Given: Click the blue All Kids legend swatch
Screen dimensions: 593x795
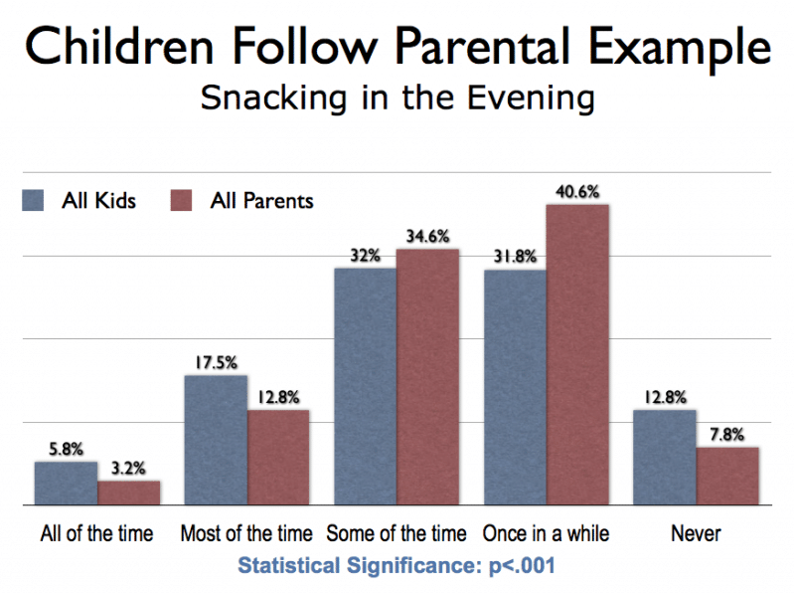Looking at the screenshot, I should click(33, 200).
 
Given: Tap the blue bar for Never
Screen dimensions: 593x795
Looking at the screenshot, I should click(665, 458).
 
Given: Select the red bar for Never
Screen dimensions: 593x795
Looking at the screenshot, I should click(727, 477).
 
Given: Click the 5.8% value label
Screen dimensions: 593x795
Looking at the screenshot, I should click(66, 449).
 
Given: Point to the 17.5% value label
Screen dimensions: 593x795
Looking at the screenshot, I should click(215, 362).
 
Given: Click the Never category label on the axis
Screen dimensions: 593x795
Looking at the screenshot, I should click(696, 534).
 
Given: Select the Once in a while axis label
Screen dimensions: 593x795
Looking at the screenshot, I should click(546, 534).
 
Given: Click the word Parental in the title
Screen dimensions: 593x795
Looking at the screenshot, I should click(451, 46).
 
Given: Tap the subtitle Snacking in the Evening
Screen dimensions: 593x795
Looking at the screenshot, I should click(397, 99).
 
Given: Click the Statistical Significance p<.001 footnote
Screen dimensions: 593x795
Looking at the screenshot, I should click(397, 566).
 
